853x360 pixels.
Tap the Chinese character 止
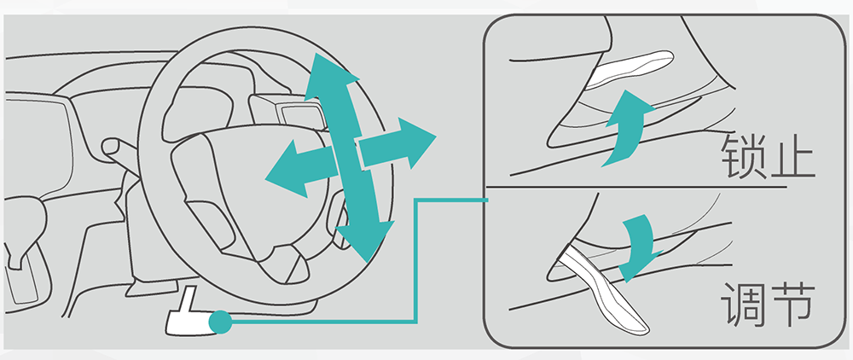(792, 157)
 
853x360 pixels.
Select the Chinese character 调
(742, 305)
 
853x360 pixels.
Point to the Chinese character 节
(792, 305)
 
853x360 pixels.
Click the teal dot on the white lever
(220, 322)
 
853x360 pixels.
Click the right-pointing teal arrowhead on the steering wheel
(416, 142)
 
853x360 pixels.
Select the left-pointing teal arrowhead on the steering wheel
(285, 170)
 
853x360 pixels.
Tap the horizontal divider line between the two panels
(636, 187)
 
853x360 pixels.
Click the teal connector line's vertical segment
(416, 260)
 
